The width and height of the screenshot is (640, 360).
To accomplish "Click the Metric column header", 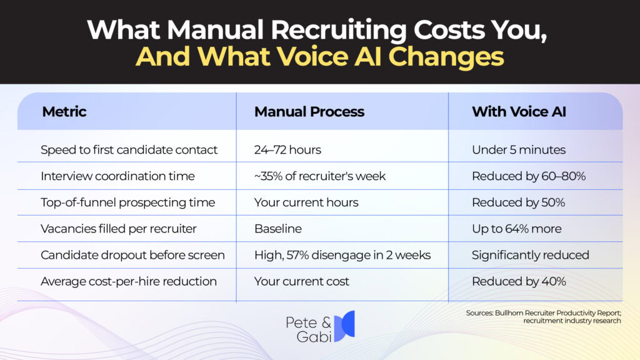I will click(x=64, y=112).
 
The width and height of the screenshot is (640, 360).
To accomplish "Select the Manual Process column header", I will click(x=309, y=112).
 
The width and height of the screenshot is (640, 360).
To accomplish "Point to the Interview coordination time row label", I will click(x=117, y=176).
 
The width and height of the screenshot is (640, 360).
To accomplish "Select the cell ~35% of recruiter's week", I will click(x=319, y=176).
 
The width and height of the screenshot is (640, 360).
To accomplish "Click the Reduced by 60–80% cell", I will click(x=528, y=176).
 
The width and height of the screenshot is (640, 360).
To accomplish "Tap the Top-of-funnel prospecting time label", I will click(x=127, y=202).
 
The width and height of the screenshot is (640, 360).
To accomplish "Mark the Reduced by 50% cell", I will click(x=518, y=202).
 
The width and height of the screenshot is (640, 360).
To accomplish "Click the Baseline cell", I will click(x=277, y=229).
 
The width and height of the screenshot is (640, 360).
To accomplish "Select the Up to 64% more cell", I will click(x=516, y=229).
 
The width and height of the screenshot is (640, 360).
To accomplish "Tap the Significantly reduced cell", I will click(x=530, y=255).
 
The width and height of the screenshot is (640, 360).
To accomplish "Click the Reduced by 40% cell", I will click(x=518, y=281).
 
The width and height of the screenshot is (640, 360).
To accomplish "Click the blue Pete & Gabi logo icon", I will click(x=344, y=326).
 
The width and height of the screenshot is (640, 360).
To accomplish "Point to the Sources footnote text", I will click(x=543, y=317).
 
